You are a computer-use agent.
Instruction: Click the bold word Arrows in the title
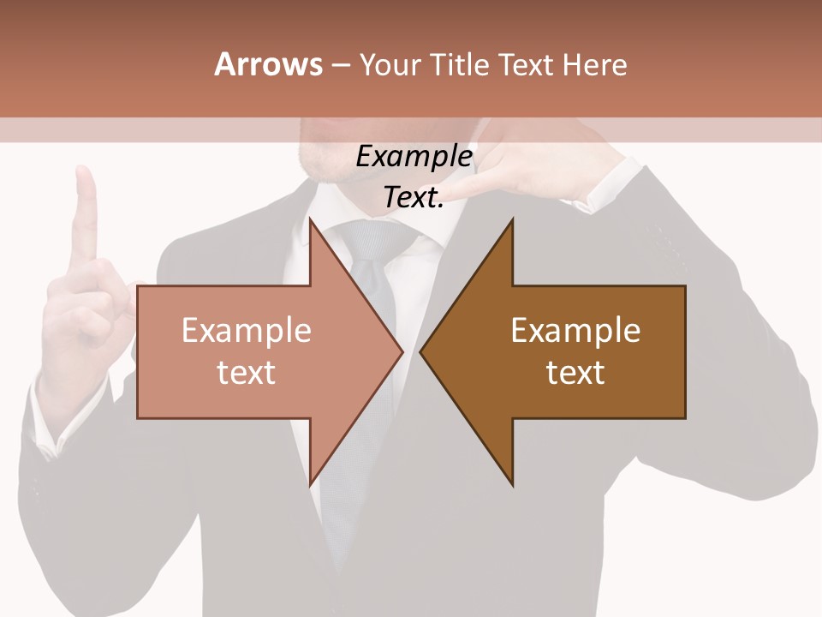click(269, 64)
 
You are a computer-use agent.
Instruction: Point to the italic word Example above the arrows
click(414, 157)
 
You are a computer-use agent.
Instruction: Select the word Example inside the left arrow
click(247, 330)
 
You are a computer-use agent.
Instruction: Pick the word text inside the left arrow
click(247, 372)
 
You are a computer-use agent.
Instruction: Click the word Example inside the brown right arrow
click(575, 330)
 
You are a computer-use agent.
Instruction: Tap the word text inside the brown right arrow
click(575, 372)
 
